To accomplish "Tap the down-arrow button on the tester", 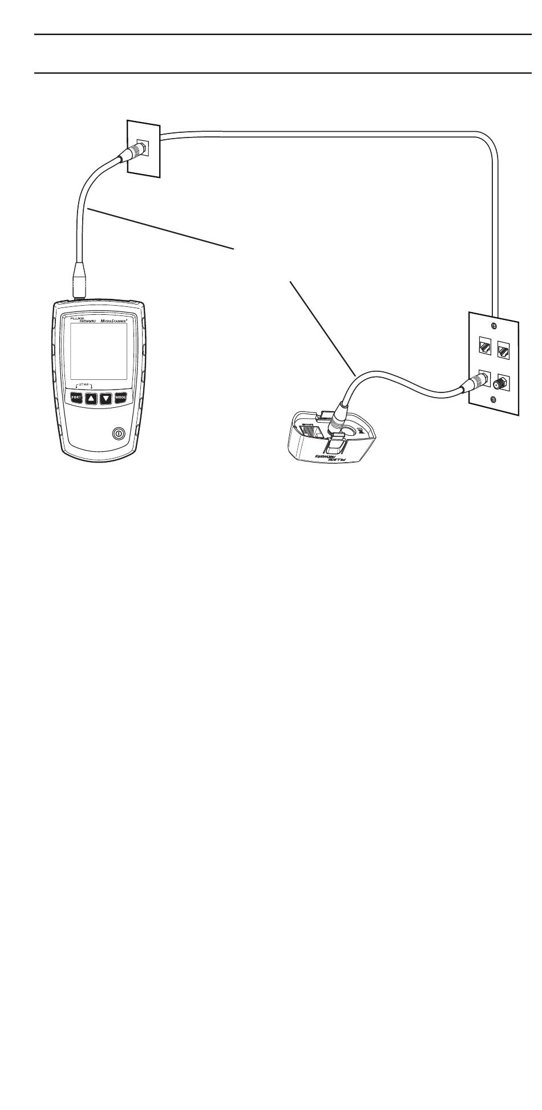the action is click(x=107, y=398).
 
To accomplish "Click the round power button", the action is click(x=118, y=433).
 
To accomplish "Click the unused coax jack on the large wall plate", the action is click(x=504, y=380).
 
